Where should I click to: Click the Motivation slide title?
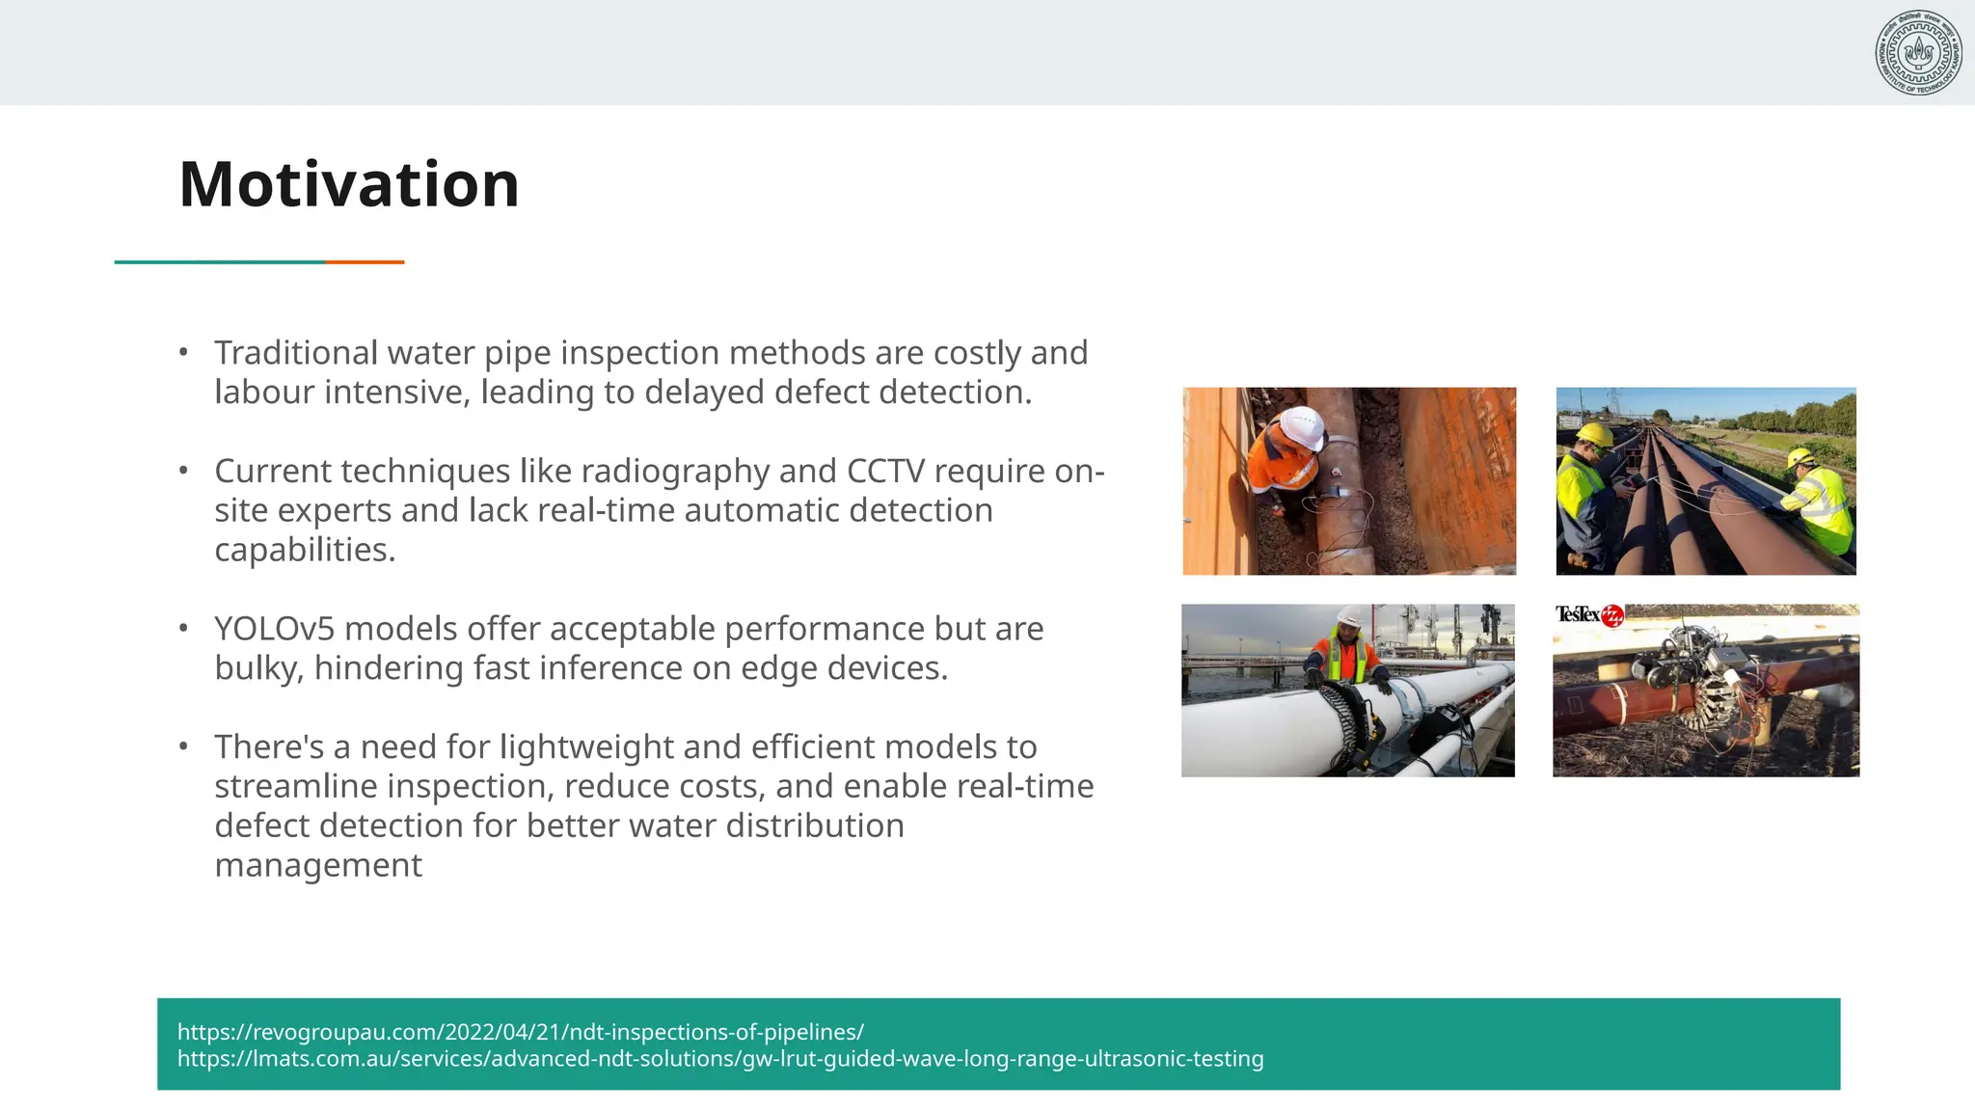click(349, 184)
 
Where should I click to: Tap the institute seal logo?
click(1918, 53)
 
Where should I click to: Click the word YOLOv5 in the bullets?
click(275, 629)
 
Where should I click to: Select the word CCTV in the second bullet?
click(885, 472)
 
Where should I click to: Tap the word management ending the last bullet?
click(318, 865)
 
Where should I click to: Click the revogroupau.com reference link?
click(521, 1032)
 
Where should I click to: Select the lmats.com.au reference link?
click(719, 1059)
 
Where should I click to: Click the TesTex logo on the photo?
click(1588, 615)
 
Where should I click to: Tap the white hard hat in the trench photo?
click(1302, 426)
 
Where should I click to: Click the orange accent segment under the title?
click(365, 262)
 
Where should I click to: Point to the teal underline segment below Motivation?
click(220, 262)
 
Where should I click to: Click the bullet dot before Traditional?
click(183, 353)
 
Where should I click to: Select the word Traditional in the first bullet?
click(295, 353)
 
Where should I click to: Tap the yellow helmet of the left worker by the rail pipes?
click(1592, 435)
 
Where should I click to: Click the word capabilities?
click(305, 550)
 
